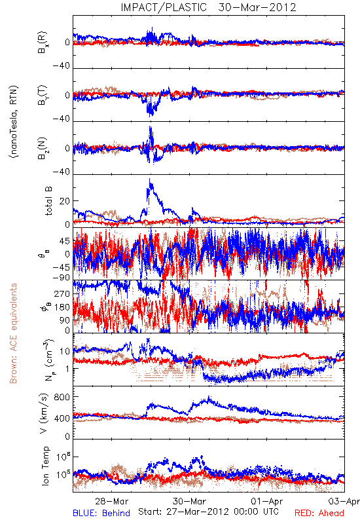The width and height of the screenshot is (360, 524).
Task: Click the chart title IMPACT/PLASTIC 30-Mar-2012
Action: (208, 7)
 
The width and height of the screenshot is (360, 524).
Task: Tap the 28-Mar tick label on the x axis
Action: (111, 501)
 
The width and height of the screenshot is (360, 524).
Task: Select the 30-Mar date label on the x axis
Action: (189, 501)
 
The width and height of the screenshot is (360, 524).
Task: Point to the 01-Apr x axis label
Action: (267, 501)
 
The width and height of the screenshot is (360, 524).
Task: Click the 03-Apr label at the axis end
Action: (344, 501)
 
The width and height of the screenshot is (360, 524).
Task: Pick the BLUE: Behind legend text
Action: (101, 513)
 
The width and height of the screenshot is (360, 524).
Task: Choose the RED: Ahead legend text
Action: (319, 513)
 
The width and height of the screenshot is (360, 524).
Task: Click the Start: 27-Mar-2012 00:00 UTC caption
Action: (208, 512)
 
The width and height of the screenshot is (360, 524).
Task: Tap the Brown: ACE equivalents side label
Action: (13, 333)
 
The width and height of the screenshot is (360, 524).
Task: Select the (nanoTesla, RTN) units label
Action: (14, 122)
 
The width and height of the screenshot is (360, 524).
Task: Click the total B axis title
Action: (48, 201)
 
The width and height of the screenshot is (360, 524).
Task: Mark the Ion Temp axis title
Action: (45, 466)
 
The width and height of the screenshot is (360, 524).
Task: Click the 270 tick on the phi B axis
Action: (62, 294)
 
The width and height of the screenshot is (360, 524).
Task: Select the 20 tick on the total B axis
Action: (65, 201)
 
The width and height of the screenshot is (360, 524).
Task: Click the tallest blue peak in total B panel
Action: (151, 179)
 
